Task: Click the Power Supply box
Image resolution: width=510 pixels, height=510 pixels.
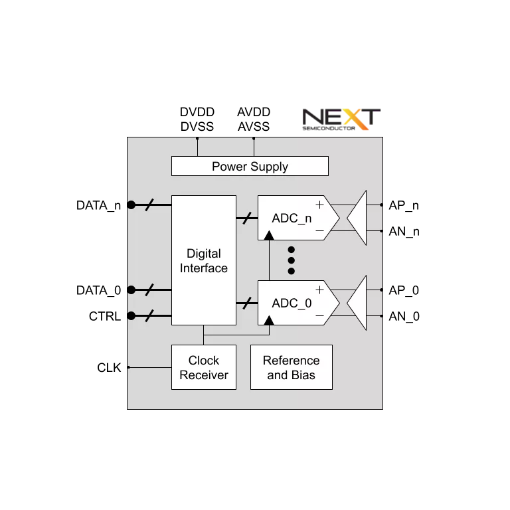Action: click(x=250, y=166)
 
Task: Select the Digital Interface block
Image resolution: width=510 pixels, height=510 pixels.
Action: click(x=203, y=260)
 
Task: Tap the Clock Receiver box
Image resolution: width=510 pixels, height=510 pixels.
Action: click(x=203, y=367)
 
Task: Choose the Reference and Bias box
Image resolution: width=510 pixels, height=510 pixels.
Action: click(x=291, y=367)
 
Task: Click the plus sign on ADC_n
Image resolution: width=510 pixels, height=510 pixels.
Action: click(x=319, y=205)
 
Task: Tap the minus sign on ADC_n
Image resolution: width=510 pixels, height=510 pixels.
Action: click(x=319, y=230)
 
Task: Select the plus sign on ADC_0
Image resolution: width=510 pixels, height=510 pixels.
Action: click(x=319, y=290)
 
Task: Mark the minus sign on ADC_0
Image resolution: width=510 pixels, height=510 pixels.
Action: click(x=319, y=315)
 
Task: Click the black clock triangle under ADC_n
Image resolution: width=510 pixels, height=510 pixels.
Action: click(x=269, y=235)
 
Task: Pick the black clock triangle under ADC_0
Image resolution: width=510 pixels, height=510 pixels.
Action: click(x=269, y=321)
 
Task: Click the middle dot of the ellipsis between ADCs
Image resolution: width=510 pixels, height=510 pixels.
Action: click(x=291, y=260)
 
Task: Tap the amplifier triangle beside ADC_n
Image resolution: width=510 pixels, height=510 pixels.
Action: click(x=357, y=218)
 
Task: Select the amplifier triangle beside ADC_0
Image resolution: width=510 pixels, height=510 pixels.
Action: click(x=357, y=303)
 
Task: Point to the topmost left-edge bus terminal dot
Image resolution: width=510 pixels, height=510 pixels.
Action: click(x=131, y=205)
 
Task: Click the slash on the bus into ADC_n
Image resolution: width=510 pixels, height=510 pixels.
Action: click(x=247, y=218)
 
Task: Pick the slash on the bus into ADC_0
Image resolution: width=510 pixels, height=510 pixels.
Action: click(x=247, y=303)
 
